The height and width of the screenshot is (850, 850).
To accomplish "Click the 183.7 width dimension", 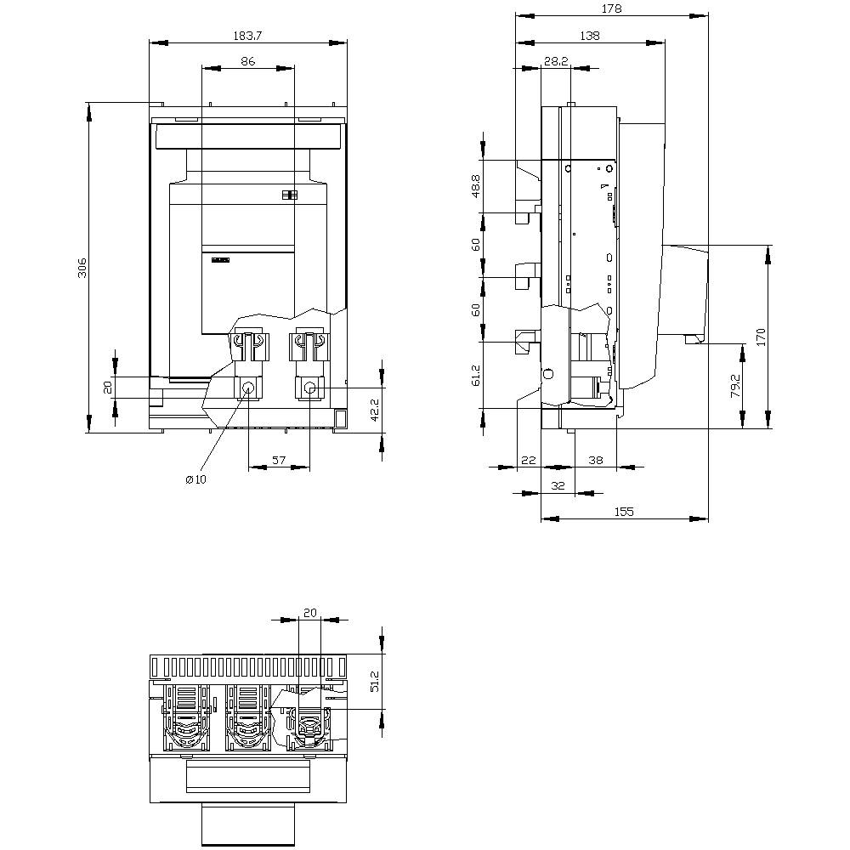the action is pos(247,36).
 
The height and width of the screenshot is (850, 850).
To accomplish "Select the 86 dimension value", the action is pos(247,61).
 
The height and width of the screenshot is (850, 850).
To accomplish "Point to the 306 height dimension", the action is pos(82,268).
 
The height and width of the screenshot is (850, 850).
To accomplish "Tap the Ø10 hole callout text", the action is pos(195,479).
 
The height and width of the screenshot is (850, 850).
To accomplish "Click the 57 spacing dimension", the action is pos(279,460).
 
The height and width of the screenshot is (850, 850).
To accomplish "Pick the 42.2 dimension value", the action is pos(375,411).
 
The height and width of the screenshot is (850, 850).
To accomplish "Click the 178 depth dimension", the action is pos(611,8).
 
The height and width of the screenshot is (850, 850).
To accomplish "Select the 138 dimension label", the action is pos(590,36).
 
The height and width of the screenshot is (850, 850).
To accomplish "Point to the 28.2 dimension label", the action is pos(556,61).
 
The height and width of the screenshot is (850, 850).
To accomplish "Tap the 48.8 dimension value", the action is pos(475,186).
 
